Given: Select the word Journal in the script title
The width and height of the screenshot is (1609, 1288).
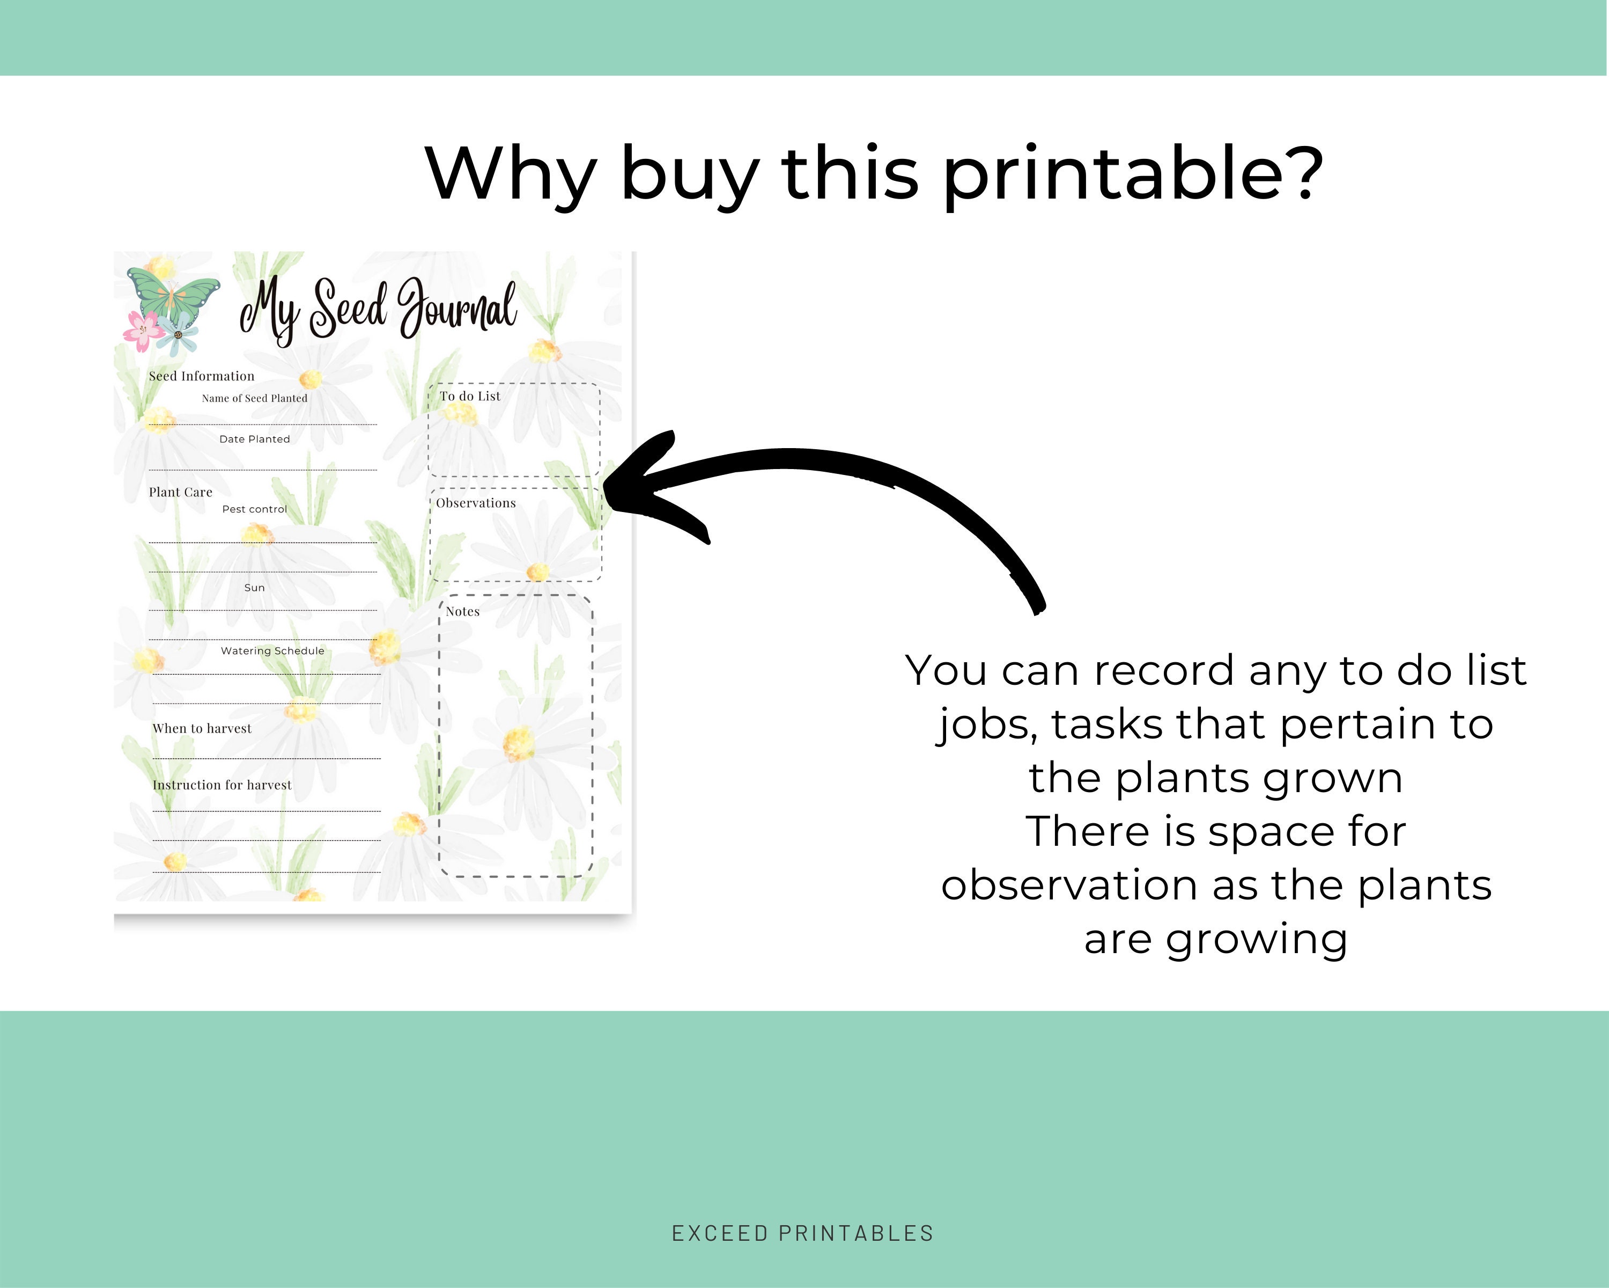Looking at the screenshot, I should pos(457,308).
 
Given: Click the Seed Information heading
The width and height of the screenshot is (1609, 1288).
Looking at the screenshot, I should pos(202,376).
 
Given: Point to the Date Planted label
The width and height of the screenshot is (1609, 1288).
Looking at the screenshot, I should pos(254,439).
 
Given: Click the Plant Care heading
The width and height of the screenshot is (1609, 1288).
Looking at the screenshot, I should pos(181,492).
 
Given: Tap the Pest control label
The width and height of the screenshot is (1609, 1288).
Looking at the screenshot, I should pos(254,509).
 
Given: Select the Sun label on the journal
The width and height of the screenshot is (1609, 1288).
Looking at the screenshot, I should pos(254,588).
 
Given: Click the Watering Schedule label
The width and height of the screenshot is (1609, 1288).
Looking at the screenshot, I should pos(272,651).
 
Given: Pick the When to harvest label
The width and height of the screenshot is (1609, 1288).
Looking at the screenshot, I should pos(202,729).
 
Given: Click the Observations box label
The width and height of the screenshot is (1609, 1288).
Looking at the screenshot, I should pos(476,503).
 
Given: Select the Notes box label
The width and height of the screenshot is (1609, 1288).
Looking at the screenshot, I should pos(463,611).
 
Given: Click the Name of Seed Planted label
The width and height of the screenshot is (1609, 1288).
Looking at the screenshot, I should pos(254,399).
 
